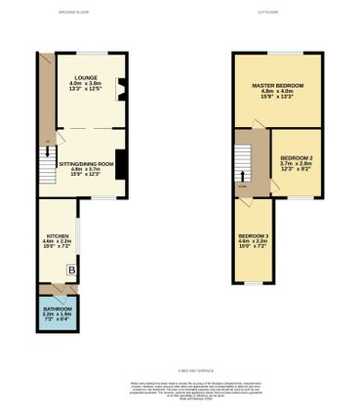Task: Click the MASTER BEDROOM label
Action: click(x=277, y=86)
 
